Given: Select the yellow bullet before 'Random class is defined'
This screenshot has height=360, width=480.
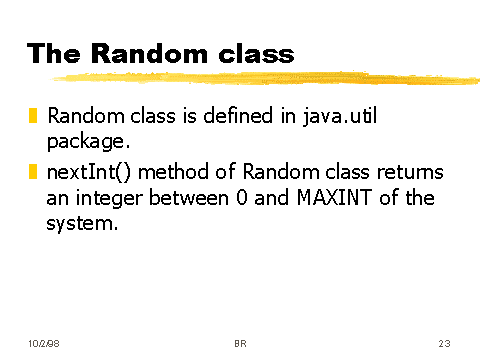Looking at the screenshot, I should click(34, 117).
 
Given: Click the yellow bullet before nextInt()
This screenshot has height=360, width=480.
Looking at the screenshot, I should click(34, 173).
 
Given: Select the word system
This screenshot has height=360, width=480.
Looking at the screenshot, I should click(80, 224).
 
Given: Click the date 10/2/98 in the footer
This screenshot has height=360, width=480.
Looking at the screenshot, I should click(44, 343).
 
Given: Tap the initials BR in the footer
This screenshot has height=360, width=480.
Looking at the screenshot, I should click(240, 343).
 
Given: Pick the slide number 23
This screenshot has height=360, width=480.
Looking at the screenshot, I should click(444, 343).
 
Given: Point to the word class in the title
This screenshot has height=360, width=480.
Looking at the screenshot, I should click(257, 53).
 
